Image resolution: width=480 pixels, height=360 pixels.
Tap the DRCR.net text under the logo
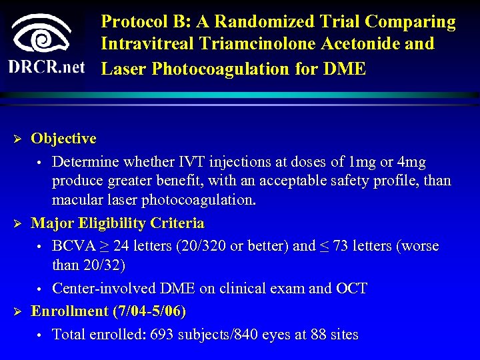click(x=47, y=67)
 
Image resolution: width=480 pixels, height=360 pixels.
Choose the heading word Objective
click(x=63, y=139)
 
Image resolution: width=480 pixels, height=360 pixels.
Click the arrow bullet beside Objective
click(x=19, y=139)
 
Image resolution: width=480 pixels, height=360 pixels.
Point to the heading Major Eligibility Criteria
click(x=117, y=223)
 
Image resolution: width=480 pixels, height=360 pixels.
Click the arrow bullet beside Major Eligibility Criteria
click(x=19, y=223)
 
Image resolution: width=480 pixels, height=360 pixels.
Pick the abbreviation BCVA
click(x=73, y=245)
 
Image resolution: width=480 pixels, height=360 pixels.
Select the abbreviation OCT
click(x=351, y=288)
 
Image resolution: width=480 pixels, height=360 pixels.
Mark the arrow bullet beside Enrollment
click(x=19, y=311)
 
